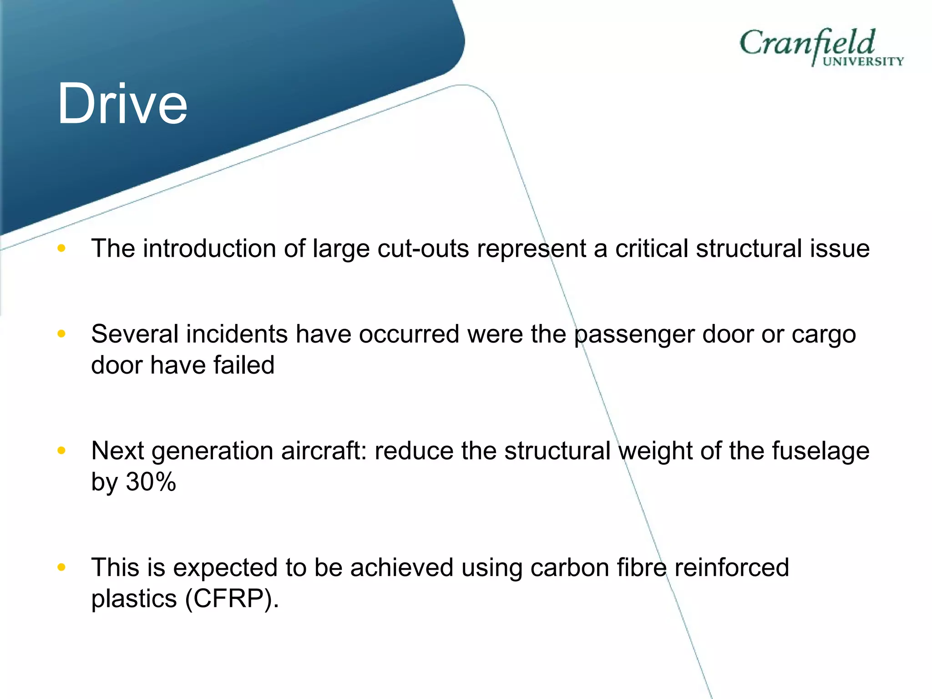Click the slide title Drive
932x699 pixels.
pyautogui.click(x=122, y=104)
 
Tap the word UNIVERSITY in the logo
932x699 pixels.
pyautogui.click(x=863, y=62)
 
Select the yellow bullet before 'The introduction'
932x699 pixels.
pyautogui.click(x=61, y=248)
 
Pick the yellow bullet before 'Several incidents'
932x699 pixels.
pyautogui.click(x=61, y=334)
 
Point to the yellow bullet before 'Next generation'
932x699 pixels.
pyautogui.click(x=61, y=451)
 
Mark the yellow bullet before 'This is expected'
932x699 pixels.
pyautogui.click(x=61, y=567)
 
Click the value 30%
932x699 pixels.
pyautogui.click(x=151, y=481)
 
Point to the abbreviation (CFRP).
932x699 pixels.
pyautogui.click(x=232, y=599)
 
